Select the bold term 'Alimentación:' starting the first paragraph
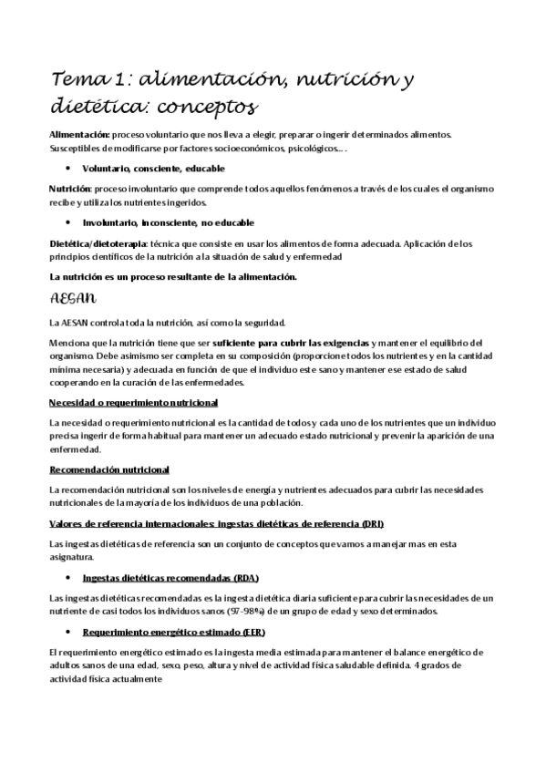coord(77,134)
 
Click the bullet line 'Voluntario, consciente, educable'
coord(153,169)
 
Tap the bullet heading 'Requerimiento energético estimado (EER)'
coord(173,632)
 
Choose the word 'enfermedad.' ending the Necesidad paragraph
coord(76,449)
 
